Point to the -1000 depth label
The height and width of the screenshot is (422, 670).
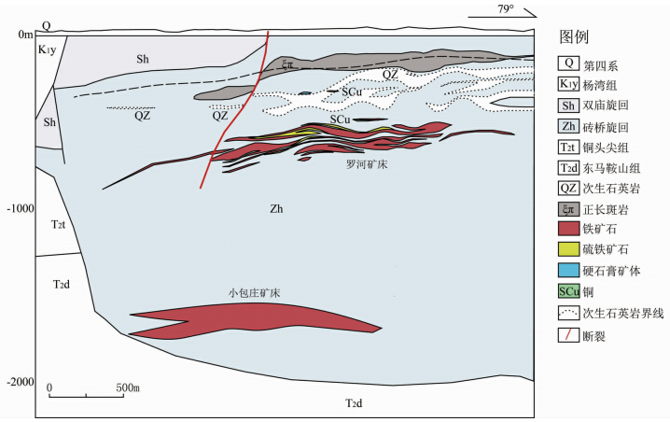(19, 209)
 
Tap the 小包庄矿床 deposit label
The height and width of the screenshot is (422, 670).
(255, 291)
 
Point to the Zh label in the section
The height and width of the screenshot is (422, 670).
(275, 208)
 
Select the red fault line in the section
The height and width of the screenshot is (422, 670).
(233, 112)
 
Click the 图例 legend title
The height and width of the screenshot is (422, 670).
(573, 38)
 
